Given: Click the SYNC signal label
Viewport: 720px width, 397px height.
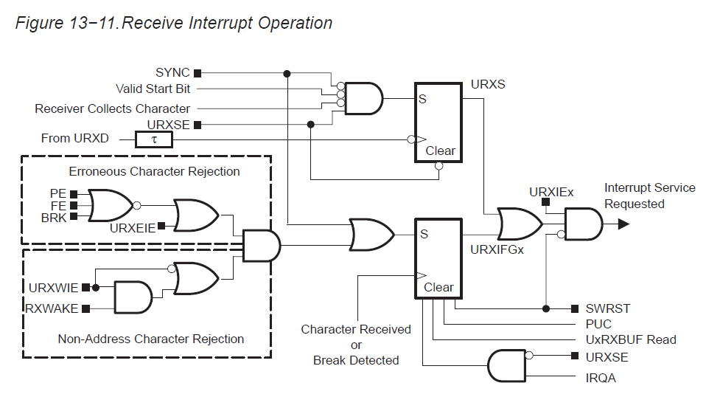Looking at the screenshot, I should (172, 72).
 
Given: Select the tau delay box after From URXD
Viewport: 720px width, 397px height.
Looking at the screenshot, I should (154, 139).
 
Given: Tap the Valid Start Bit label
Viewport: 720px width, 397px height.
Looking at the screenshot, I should (153, 89).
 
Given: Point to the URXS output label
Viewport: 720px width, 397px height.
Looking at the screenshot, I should (488, 84).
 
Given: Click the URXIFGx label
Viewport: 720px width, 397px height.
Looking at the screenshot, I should (497, 250).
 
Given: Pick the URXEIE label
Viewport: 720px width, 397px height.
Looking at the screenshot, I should (133, 228).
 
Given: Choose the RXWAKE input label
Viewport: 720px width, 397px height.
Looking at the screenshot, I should (52, 308).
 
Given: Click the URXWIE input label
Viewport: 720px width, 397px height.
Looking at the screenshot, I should (54, 287).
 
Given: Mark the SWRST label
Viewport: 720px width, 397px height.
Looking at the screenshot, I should (608, 308).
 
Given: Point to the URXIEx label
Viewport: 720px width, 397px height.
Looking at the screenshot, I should (551, 193).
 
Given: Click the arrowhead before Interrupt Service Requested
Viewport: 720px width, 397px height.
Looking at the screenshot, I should (623, 223).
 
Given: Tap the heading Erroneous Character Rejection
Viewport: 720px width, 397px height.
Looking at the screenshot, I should (154, 171).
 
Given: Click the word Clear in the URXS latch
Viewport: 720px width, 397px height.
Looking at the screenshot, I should (440, 151).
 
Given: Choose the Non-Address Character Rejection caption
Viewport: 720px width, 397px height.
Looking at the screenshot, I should (150, 339).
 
